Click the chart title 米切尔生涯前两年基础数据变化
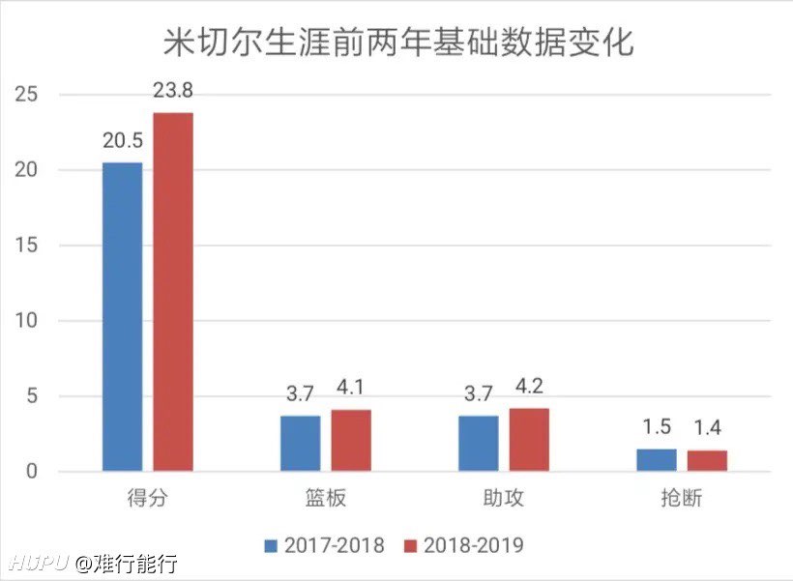tap(396, 44)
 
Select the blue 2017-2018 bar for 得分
tap(122, 317)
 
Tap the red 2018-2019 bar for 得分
tap(173, 292)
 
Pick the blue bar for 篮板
tap(300, 444)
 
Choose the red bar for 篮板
tap(351, 441)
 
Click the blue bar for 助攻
tap(478, 444)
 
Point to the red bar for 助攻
tap(529, 440)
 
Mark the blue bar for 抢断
tap(656, 460)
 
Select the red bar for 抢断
tap(707, 461)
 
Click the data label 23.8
tap(173, 92)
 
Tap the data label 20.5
tap(123, 141)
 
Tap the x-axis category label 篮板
tap(325, 500)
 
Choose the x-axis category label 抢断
tap(681, 500)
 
